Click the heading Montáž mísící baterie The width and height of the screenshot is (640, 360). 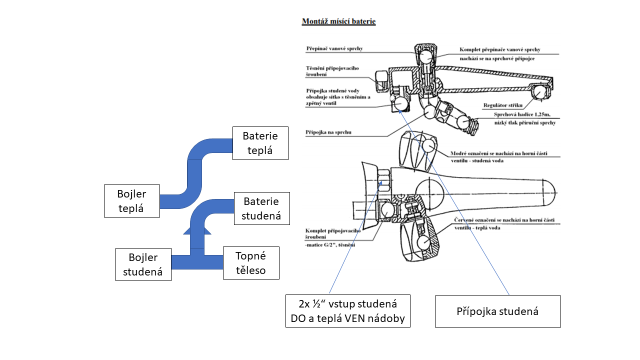tap(338, 22)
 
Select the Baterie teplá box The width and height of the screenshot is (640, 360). tap(260, 143)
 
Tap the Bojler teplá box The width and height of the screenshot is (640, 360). tap(132, 201)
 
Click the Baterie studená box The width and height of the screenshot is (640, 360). tap(261, 208)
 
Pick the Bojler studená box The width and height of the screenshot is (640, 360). tap(143, 265)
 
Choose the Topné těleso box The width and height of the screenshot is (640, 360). tap(251, 263)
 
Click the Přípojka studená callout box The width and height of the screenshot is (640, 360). tap(497, 311)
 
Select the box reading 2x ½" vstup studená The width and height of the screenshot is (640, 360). tap(347, 311)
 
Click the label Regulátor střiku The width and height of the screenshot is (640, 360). tap(502, 105)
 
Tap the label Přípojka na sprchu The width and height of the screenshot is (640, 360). tap(327, 132)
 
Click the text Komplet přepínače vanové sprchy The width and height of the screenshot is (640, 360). tap(500, 49)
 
